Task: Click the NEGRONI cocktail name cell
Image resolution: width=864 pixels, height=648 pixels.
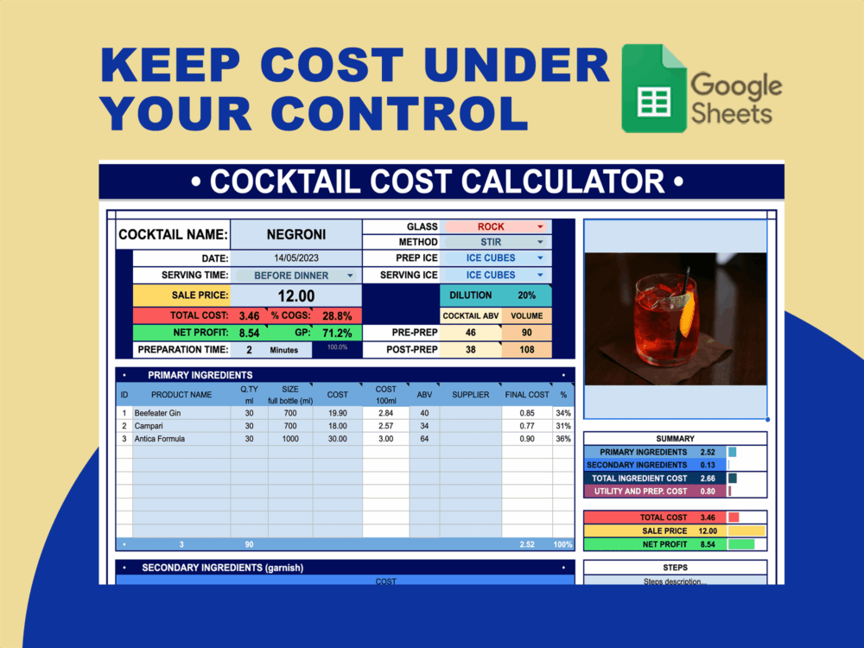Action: tap(295, 234)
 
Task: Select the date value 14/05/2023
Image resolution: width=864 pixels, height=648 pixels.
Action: tap(296, 258)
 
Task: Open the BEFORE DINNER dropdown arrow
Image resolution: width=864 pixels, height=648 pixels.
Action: tap(350, 276)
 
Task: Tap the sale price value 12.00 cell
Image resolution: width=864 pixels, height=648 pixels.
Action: tap(295, 295)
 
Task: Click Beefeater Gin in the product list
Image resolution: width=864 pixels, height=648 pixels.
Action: tap(157, 413)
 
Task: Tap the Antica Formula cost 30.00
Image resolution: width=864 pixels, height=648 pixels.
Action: tap(337, 439)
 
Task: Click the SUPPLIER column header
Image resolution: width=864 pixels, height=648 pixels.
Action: tap(470, 395)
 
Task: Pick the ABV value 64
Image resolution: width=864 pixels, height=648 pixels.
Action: tap(424, 439)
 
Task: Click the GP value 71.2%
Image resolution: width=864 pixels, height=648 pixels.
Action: tap(337, 333)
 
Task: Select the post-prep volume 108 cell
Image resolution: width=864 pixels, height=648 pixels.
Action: tap(526, 350)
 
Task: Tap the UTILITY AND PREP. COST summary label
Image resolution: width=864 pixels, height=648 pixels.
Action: tap(641, 492)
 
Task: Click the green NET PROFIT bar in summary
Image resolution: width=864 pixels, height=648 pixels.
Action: tap(741, 544)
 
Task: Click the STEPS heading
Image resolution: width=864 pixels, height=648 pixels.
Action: tap(675, 568)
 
